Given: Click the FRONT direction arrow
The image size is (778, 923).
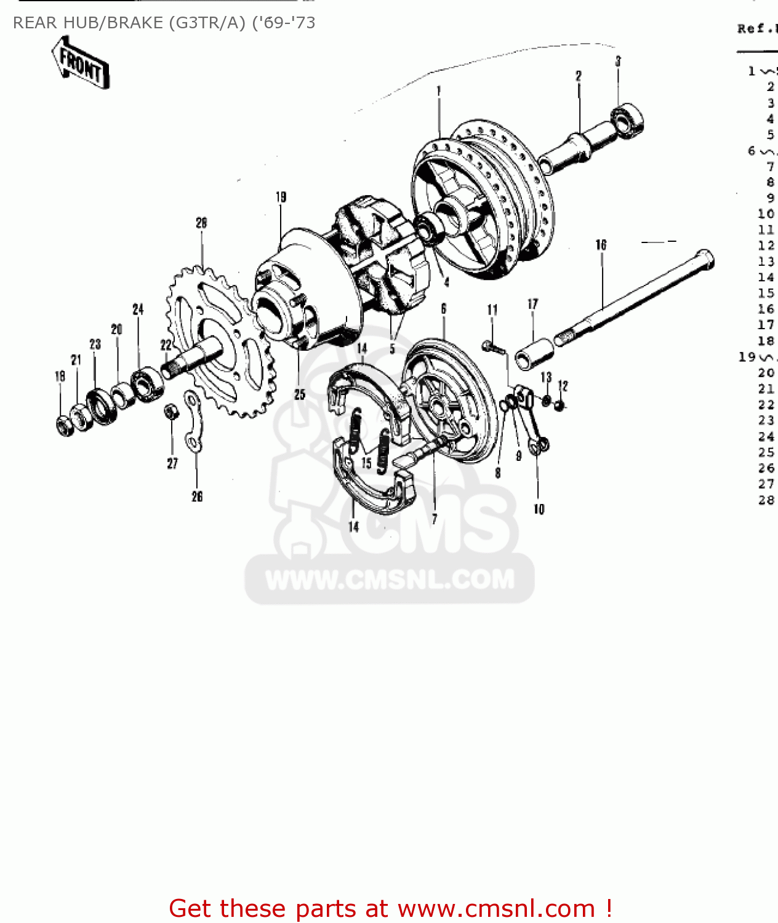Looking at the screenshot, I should coord(80,63).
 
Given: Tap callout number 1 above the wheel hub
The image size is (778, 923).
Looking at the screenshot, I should coord(438,91).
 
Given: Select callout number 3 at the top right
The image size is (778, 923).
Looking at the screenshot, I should coord(618,61).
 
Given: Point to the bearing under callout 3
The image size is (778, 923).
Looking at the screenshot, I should coord(627,119).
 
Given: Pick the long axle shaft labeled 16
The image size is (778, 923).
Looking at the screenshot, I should coord(634,295).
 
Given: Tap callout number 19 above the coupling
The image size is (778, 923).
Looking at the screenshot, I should coord(281,197).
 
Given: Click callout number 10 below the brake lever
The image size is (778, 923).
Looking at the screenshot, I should coord(539,509).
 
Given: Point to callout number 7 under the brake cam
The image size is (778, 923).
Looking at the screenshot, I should coord(434,519).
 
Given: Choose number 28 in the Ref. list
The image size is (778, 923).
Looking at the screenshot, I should coord(766,500).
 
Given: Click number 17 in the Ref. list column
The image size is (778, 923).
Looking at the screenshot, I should coord(766,324).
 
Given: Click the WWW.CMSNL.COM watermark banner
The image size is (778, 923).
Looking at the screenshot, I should coord(390,579).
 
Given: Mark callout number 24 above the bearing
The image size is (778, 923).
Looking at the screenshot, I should coord(138,309).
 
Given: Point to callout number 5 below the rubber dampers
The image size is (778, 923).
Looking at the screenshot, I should coord(392,350).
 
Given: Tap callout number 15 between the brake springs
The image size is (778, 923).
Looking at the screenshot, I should coord(366,463).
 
